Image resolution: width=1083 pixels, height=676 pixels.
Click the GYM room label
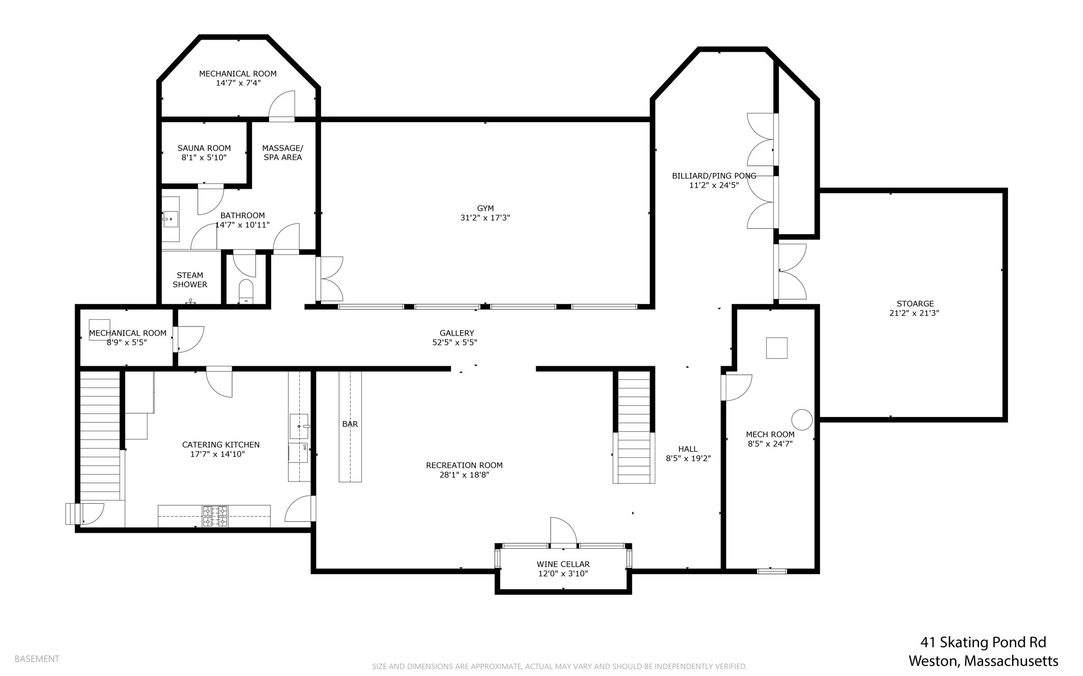(x=485, y=208)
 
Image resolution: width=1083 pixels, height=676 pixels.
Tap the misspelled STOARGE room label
(x=915, y=304)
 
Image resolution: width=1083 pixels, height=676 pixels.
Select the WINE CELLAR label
(x=563, y=564)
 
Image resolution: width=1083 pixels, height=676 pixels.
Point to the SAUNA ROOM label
(x=204, y=148)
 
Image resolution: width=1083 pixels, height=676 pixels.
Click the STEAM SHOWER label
(x=190, y=280)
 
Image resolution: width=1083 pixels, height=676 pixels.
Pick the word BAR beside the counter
(x=350, y=424)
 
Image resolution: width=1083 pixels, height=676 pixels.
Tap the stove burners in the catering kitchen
(x=215, y=516)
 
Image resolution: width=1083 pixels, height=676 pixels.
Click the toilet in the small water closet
(x=246, y=291)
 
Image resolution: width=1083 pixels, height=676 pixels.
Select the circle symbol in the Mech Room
(x=802, y=420)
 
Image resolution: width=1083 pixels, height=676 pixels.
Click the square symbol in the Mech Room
(x=776, y=348)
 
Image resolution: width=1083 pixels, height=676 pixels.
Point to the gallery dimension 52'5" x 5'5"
(x=455, y=342)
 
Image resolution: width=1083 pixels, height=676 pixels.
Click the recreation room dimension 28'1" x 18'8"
(x=464, y=475)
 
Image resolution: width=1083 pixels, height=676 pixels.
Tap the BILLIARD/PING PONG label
(x=714, y=176)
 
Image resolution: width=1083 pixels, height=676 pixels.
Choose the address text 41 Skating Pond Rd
(x=983, y=642)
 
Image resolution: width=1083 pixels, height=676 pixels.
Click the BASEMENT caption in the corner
(x=37, y=659)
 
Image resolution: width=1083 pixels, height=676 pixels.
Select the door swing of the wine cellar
(x=564, y=530)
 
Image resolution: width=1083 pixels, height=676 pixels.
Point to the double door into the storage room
(x=790, y=272)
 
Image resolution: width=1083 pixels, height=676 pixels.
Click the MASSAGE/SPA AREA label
(x=282, y=153)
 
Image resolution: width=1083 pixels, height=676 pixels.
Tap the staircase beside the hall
(x=634, y=427)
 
